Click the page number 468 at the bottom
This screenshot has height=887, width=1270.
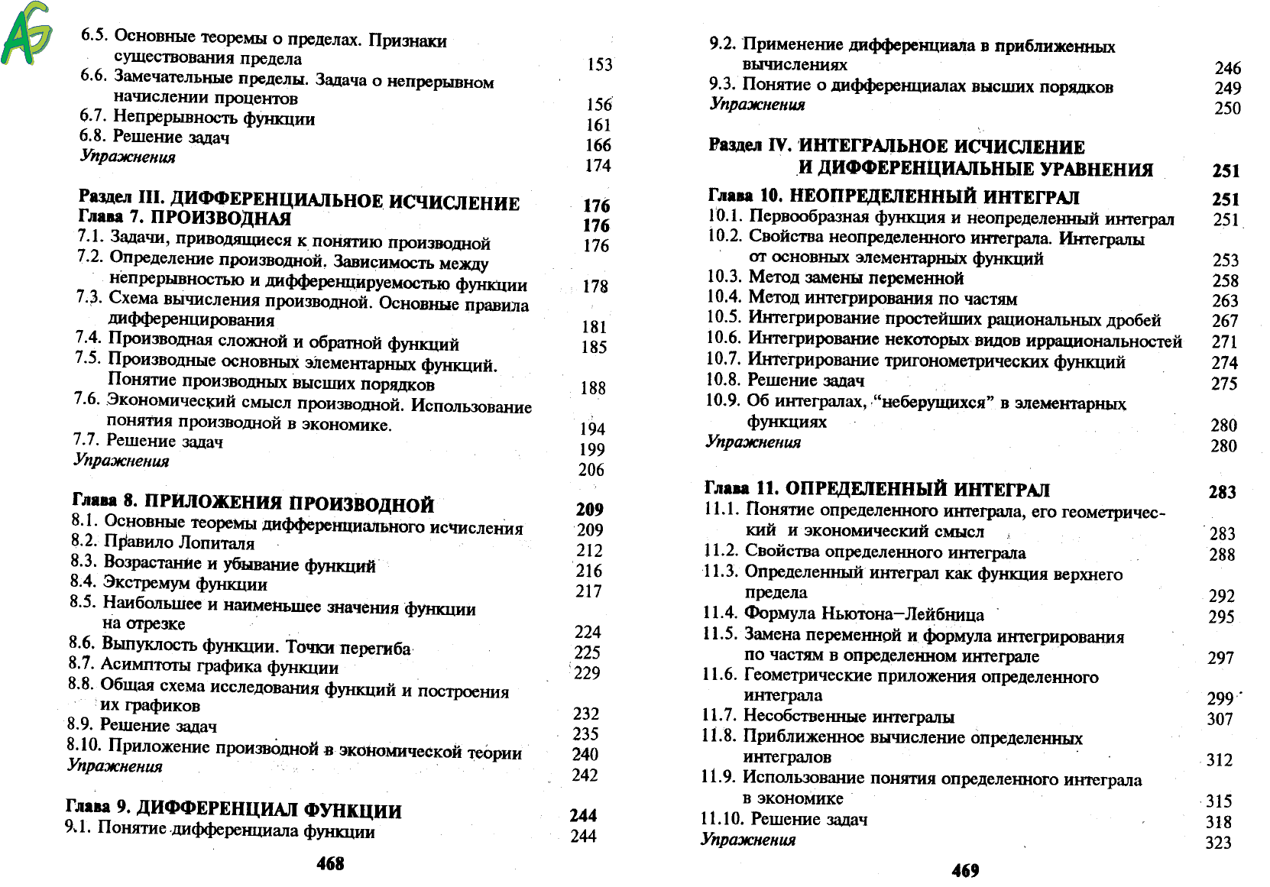click(x=330, y=863)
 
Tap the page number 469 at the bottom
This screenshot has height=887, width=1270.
click(x=965, y=870)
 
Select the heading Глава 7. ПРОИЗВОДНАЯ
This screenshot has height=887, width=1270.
click(x=185, y=219)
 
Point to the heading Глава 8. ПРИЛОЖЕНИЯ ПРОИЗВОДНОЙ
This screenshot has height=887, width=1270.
click(x=253, y=503)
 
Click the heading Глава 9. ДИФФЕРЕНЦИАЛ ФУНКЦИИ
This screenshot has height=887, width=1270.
click(x=234, y=810)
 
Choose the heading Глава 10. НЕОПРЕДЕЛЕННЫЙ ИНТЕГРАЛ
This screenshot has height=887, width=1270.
click(x=893, y=197)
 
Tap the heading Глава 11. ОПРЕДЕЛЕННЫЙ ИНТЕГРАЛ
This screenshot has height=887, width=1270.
click(x=876, y=489)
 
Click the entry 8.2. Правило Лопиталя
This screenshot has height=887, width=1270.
click(x=163, y=542)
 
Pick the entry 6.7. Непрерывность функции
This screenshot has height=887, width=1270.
click(x=197, y=118)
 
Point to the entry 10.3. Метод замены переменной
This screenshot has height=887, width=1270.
click(x=835, y=277)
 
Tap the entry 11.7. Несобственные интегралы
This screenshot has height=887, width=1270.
click(x=828, y=717)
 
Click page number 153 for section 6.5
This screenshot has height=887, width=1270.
click(x=600, y=65)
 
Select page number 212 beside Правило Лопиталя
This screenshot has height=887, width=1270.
click(x=589, y=550)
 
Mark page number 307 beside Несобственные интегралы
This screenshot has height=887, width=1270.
click(x=1220, y=719)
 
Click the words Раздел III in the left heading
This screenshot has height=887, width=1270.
click(x=117, y=198)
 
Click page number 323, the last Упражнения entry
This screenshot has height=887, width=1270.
click(x=1219, y=842)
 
